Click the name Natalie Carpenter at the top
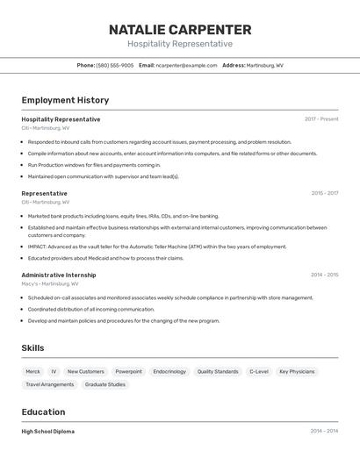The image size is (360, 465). tap(180, 30)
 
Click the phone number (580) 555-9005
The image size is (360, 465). tap(115, 65)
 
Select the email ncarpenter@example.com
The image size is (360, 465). tap(186, 65)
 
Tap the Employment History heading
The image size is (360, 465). tap(65, 100)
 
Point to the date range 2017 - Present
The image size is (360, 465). tap(321, 119)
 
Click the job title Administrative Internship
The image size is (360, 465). tap(59, 275)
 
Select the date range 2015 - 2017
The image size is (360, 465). tap(324, 193)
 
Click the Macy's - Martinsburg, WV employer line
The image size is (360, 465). tap(50, 283)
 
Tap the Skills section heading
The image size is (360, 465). tap(32, 348)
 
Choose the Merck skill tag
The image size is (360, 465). tap(32, 372)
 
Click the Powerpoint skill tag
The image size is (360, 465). tap(128, 372)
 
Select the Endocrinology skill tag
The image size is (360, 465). tap(169, 372)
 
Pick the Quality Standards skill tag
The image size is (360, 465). tap(218, 372)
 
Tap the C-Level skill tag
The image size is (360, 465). tap(259, 372)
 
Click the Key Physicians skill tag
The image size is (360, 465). tap(297, 372)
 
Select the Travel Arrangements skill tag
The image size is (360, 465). tap(50, 384)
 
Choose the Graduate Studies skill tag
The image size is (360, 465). tap(105, 384)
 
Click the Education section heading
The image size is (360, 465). tap(43, 411)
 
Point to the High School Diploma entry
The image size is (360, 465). tap(48, 432)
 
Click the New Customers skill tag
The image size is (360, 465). tap(85, 372)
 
